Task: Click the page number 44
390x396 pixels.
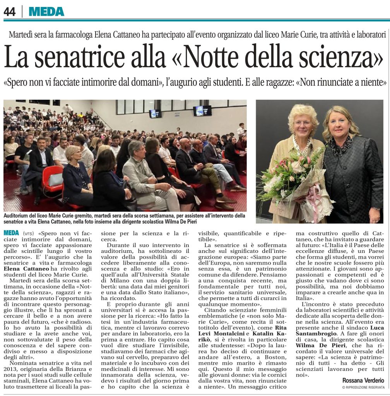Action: tap(10, 12)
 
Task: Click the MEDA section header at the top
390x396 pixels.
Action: tap(46, 12)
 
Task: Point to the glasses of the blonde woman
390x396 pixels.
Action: tap(302, 123)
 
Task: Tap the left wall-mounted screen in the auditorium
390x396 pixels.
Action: tap(155, 113)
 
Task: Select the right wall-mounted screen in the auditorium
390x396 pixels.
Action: tap(203, 111)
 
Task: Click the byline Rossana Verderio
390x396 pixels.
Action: tap(363, 381)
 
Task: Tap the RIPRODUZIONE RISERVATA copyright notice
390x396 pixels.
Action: tap(365, 387)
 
